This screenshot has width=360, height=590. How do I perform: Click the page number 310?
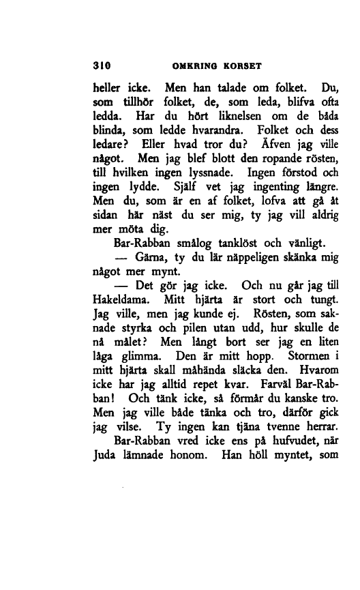(x=102, y=67)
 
